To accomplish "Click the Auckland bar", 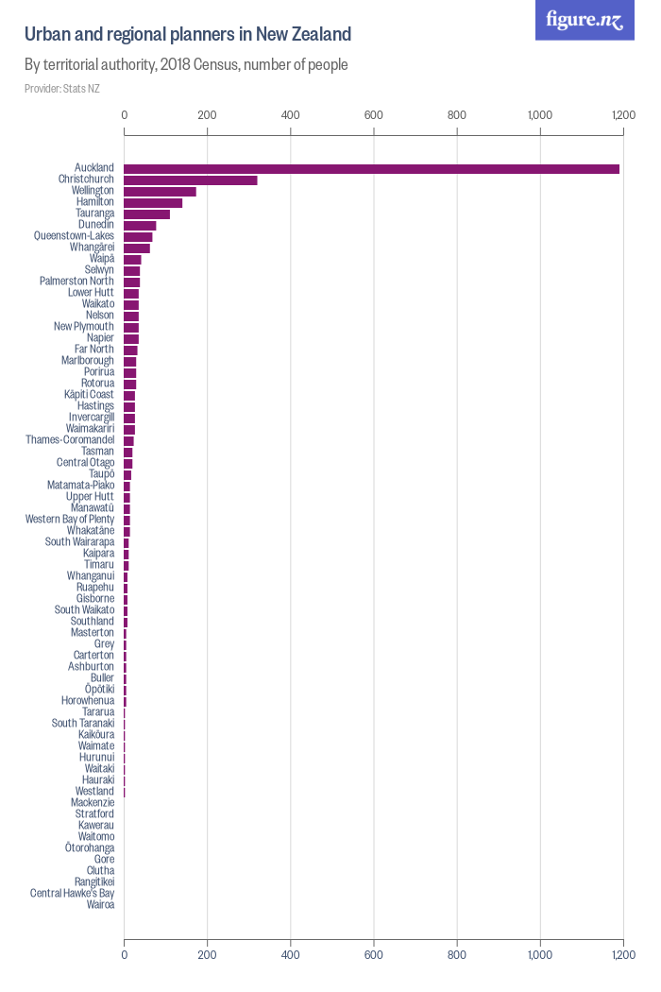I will coord(371,168).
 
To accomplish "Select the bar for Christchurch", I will coord(190,180).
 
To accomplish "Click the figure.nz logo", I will coord(585,20).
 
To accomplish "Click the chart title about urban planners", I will coord(188,35).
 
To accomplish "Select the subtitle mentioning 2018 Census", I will coord(186,65).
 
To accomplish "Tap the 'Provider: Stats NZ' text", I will coord(62,89).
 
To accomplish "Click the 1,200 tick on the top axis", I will coord(622,115).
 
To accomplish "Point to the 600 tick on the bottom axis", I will coord(374,955).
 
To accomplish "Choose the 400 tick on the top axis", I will coord(291,115).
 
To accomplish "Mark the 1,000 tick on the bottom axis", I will coord(540,955).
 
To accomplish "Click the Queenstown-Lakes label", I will coord(74,236).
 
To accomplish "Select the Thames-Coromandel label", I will coord(70,440).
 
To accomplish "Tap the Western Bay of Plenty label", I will coord(70,520).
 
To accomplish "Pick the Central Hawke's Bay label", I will coord(72,894).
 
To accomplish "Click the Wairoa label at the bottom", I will coord(100,905).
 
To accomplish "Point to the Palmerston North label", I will coord(76,282).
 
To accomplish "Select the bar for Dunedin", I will coord(140,225).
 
